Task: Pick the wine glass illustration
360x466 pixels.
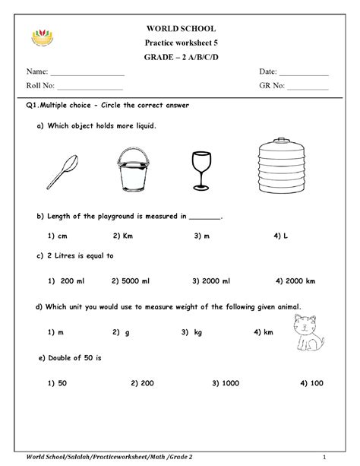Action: click(201, 169)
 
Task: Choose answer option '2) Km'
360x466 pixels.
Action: click(123, 236)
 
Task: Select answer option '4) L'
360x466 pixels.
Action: click(280, 236)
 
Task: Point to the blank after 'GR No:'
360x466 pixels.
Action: click(308, 88)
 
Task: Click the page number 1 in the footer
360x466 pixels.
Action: click(323, 456)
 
